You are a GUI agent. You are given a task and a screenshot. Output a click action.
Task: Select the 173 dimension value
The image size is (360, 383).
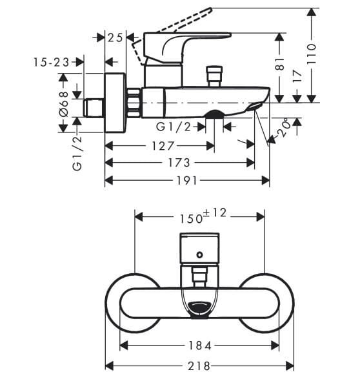point(179,163)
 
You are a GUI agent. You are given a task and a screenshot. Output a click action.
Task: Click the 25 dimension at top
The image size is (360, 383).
point(115,37)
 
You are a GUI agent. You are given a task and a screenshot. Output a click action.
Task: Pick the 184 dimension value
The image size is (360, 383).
point(199,347)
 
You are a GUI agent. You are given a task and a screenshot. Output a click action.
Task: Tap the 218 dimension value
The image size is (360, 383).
point(199,366)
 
